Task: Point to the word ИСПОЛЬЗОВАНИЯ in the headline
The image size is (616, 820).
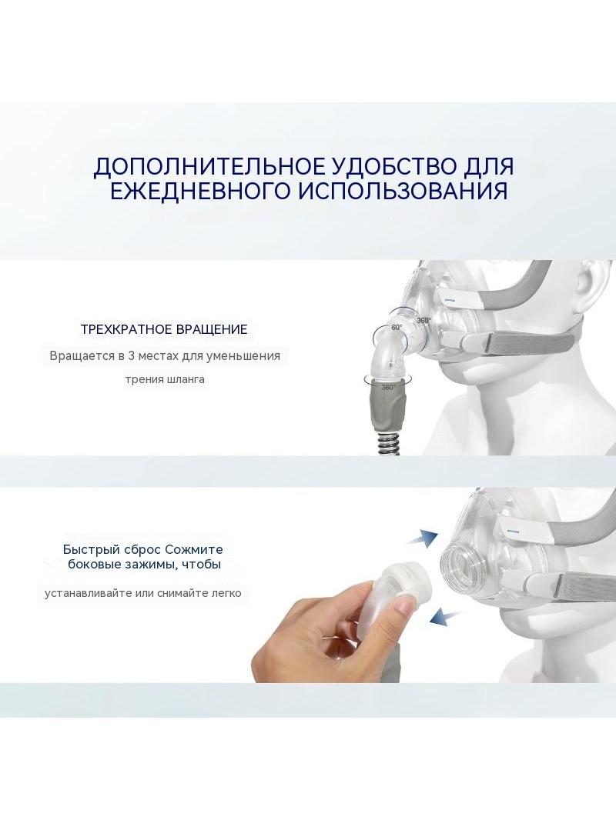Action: coord(403,191)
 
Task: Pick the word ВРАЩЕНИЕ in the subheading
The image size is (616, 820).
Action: coord(212,329)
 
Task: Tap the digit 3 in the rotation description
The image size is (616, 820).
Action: coord(132,356)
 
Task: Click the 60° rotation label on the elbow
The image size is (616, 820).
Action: coord(397,328)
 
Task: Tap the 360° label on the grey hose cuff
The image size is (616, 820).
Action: coord(388,388)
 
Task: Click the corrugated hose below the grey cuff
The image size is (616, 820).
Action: coord(390,444)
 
